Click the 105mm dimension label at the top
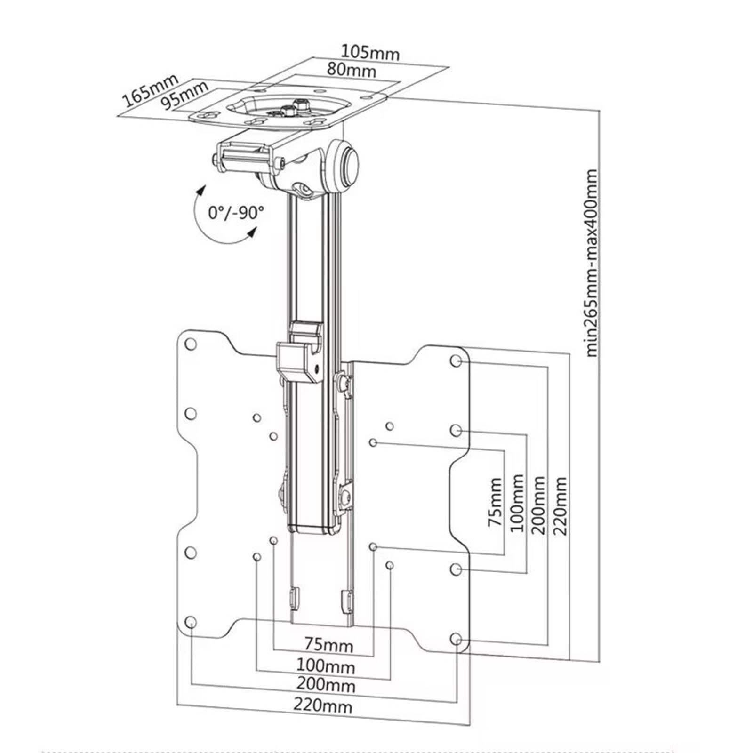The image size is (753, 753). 370,52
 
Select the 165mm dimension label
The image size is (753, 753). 150,90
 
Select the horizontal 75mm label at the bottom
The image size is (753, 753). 328,643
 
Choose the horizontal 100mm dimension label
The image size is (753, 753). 325,665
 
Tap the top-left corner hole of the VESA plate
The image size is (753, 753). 191,344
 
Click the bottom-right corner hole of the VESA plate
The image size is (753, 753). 456,639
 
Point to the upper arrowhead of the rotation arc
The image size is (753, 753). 201,190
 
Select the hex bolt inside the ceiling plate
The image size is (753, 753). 298,104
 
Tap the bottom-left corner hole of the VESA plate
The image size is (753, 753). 190,623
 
